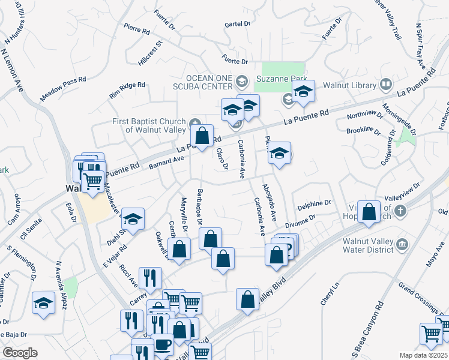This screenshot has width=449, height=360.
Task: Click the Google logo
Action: click(20, 353)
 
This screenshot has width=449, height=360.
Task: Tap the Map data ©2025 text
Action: click(423, 355)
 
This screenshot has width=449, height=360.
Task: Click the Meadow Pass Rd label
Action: click(63, 88)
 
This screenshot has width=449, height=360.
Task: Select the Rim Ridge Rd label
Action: click(127, 91)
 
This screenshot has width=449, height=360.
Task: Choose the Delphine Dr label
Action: click(314, 204)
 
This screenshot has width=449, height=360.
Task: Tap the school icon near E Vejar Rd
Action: click(134, 218)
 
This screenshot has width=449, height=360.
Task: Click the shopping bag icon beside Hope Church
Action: click(369, 211)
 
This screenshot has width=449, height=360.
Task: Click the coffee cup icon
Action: click(163, 345)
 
